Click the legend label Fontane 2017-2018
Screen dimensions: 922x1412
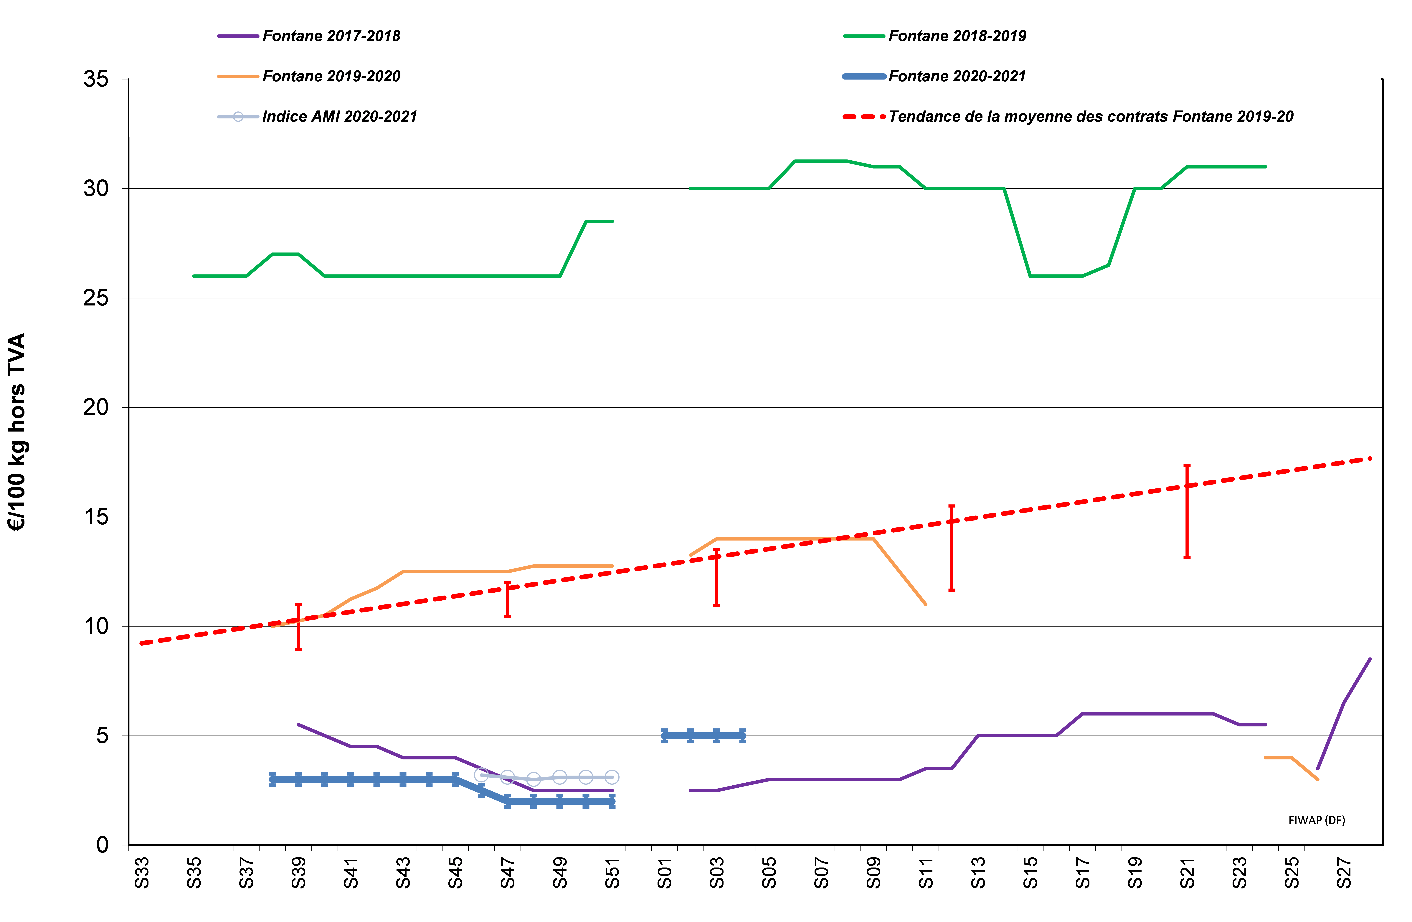coord(331,36)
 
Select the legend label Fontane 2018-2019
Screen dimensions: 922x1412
coord(957,36)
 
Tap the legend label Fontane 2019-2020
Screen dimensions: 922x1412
coord(331,77)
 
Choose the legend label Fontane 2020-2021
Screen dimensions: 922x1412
coord(957,77)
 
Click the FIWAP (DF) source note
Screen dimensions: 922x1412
coord(1317,820)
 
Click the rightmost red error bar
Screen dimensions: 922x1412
coord(1187,511)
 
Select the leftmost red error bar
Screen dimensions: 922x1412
coord(298,627)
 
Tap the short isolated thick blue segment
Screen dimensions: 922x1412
coord(704,736)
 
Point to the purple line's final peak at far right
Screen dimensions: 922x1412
coord(1369,659)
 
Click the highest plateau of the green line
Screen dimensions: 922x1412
coord(820,161)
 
